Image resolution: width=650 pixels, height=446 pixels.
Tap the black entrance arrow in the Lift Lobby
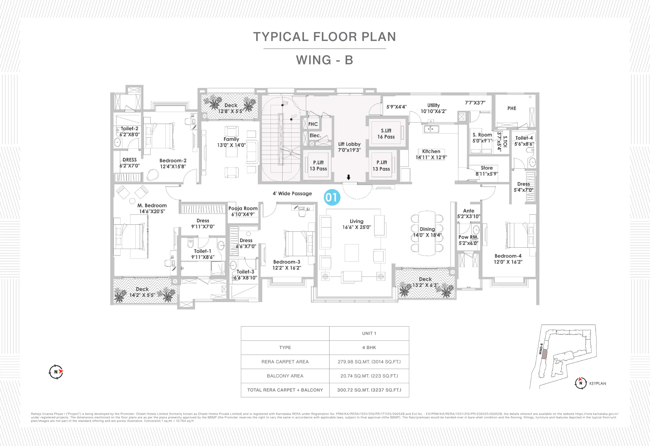(348, 177)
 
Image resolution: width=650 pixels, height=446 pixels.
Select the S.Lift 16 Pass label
(386, 134)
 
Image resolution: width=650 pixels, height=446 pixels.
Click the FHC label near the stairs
(313, 124)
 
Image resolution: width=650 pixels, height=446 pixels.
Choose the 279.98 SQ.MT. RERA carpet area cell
(369, 362)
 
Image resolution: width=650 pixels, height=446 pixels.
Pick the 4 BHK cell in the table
(369, 348)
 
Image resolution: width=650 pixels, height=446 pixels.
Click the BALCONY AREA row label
(285, 376)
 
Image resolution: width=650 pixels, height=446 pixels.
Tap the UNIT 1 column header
(369, 333)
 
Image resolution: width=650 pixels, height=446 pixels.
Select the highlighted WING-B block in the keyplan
(544, 354)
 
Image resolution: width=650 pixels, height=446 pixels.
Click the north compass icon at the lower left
(56, 372)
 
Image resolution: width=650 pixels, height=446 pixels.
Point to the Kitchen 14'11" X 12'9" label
(431, 154)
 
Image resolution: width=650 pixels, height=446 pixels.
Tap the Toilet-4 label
(524, 141)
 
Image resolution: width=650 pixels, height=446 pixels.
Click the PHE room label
(511, 108)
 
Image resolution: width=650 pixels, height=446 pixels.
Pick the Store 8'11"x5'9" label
(487, 171)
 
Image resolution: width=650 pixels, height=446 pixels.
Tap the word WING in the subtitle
(314, 60)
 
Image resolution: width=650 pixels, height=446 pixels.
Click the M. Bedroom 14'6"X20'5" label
(152, 208)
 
